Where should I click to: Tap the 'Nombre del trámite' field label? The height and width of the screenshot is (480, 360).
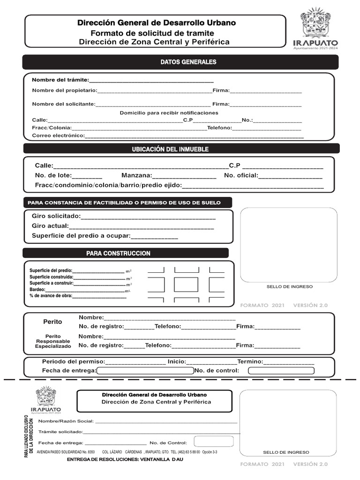coord(60,80)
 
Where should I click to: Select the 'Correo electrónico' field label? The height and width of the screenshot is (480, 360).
coord(58,136)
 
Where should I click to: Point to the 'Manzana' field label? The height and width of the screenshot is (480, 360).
coord(136,175)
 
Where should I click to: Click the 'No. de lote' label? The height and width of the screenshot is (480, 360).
coord(53,175)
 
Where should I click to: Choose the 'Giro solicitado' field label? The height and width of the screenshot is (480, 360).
coord(56,216)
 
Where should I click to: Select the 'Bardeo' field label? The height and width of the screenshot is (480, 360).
coord(37,290)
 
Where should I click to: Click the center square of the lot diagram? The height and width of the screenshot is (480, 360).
coord(186,285)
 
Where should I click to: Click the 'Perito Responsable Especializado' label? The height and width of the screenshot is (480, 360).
coord(53,341)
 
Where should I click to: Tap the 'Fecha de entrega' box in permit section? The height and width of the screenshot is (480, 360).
coord(145,371)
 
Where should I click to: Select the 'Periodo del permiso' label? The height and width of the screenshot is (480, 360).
coord(74,362)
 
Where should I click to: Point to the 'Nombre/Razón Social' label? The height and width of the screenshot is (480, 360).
coord(66,421)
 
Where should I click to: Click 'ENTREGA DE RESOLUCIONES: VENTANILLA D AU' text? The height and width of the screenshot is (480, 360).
coord(132,459)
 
